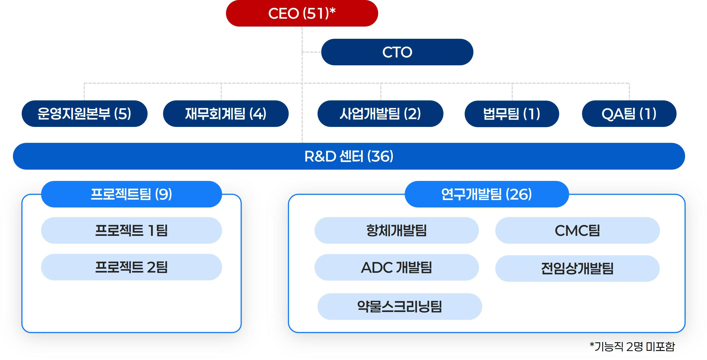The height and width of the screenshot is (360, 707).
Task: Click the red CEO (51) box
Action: point(302,13)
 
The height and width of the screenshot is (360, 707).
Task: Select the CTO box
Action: point(397,52)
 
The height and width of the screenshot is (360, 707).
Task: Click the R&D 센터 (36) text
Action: point(349,156)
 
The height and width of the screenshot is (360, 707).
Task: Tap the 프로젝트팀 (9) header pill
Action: point(131,194)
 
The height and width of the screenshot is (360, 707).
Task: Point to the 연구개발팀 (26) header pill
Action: point(486,194)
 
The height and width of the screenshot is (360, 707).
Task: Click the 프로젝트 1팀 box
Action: point(131,230)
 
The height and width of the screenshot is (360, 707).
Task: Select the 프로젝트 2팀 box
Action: point(131,267)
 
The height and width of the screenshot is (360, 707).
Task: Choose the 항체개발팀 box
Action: point(396,230)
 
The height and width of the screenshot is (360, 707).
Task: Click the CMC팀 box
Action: point(577,230)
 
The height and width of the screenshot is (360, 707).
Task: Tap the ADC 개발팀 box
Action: point(396,267)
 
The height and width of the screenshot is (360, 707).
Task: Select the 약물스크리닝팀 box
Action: point(399,306)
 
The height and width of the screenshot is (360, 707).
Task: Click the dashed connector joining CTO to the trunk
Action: point(312,52)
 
